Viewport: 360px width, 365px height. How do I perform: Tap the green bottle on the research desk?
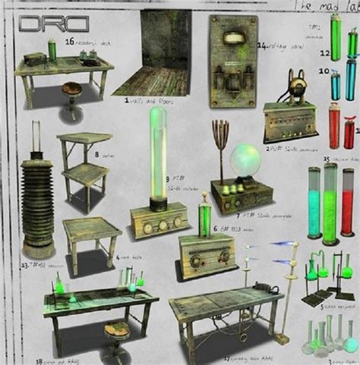[x=52, y=50]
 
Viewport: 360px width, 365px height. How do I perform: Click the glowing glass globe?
[x=245, y=162]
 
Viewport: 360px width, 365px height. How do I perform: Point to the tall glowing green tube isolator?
[x=159, y=156]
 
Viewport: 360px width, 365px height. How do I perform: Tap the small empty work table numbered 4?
[x=91, y=237]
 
